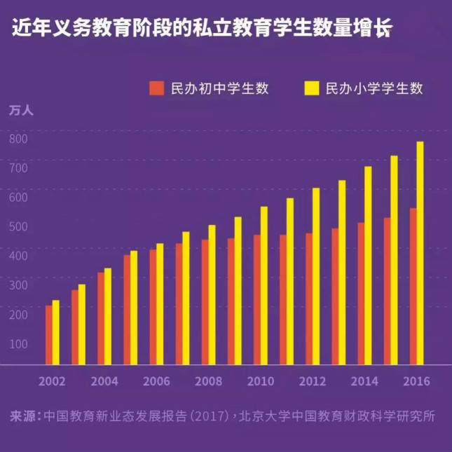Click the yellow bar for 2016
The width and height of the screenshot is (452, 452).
click(x=420, y=254)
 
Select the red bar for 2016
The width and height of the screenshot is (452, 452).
click(x=413, y=287)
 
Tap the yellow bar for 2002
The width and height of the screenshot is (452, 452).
click(x=56, y=333)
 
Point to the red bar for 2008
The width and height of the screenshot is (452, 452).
click(x=205, y=302)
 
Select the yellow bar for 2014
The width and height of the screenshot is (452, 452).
click(x=368, y=266)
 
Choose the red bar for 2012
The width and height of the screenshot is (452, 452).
click(x=309, y=299)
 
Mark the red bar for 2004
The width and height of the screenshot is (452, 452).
click(x=101, y=318)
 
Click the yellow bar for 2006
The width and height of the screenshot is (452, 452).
click(x=160, y=304)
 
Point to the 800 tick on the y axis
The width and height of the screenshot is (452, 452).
click(x=18, y=138)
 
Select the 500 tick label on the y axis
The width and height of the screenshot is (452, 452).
click(x=18, y=226)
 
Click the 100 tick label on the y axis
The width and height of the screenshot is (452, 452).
click(x=18, y=343)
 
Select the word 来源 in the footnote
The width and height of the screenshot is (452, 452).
click(x=23, y=416)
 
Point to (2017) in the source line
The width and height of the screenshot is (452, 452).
click(x=208, y=416)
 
